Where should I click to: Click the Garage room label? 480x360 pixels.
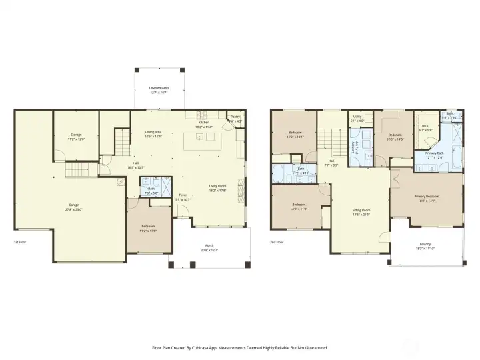[74, 206]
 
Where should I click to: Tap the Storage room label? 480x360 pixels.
[77, 137]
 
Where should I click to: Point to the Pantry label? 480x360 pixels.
[235, 118]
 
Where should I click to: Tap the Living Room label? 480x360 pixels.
[218, 187]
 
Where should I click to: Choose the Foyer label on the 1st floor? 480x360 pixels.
[183, 197]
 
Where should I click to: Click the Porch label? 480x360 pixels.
[209, 247]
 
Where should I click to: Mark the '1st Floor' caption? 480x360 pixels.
[21, 243]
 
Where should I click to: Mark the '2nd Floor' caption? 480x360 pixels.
[277, 243]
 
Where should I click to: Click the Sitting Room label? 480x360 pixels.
[361, 211]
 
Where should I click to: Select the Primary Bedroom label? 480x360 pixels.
[426, 197]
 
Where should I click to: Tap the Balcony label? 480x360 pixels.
[425, 245]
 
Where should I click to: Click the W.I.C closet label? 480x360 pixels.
[425, 127]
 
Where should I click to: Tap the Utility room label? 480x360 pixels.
[357, 118]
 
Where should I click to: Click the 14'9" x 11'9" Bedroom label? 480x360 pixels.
[298, 206]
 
